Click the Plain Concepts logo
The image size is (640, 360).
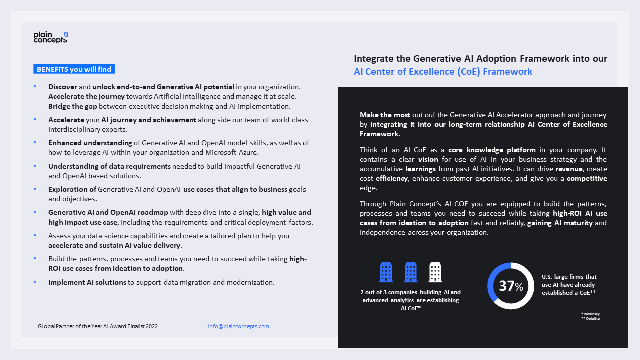click(x=51, y=37)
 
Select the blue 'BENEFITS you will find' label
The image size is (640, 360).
click(x=74, y=69)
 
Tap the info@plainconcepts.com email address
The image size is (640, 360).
click(x=238, y=326)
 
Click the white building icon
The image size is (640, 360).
click(x=435, y=273)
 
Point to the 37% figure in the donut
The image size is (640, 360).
click(x=511, y=286)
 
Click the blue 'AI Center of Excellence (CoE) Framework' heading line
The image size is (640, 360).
click(x=443, y=71)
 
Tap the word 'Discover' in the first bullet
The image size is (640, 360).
click(x=63, y=87)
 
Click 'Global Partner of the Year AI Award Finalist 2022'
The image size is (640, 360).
click(x=98, y=326)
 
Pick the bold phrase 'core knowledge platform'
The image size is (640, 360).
click(x=492, y=150)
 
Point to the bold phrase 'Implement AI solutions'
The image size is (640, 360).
click(x=87, y=282)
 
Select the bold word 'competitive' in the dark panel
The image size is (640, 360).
click(x=587, y=178)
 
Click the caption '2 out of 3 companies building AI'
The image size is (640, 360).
click(x=410, y=292)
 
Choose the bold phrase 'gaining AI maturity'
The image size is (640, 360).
click(x=560, y=223)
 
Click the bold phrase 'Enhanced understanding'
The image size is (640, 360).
click(x=90, y=143)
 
